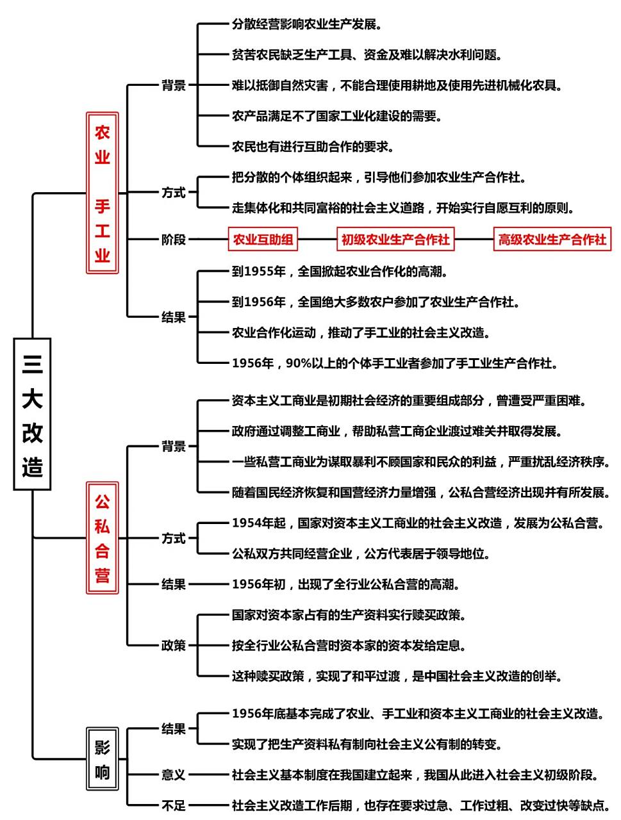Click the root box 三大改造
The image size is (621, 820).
[x=32, y=414]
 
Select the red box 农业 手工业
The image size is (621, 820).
[x=103, y=193]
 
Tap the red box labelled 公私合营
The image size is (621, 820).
[x=103, y=538]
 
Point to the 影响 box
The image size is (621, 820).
[x=103, y=759]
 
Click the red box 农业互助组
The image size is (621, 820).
[x=263, y=240]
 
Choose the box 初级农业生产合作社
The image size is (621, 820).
[x=395, y=240]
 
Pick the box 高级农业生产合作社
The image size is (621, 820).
[x=552, y=240]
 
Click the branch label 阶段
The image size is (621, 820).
[x=173, y=240]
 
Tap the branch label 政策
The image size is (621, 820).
[x=173, y=645]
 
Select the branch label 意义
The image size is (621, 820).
[x=173, y=775]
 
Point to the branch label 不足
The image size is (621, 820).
[x=173, y=805]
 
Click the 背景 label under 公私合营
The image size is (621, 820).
[x=173, y=446]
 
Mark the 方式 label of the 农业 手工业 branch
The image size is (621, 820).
[x=173, y=192]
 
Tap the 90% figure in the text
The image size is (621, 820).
[x=298, y=363]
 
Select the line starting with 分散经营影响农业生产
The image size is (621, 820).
[x=307, y=24]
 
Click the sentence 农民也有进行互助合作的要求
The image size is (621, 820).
[x=313, y=147]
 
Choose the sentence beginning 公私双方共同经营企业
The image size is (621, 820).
[x=361, y=553]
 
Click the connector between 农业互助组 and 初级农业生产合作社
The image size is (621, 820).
[x=317, y=240]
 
